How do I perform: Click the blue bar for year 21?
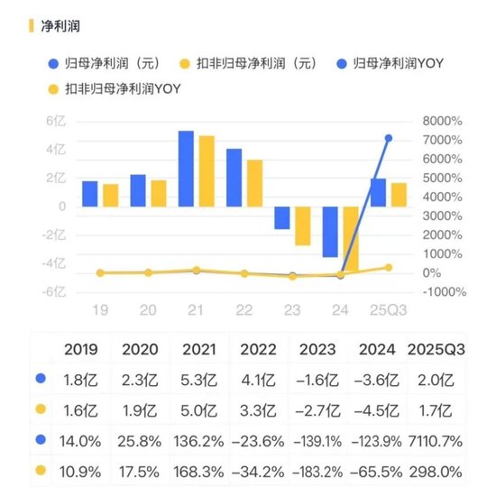point(186,169)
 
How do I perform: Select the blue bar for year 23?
point(282,217)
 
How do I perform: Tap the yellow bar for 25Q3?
point(398,195)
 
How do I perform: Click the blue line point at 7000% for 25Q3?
point(388,138)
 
